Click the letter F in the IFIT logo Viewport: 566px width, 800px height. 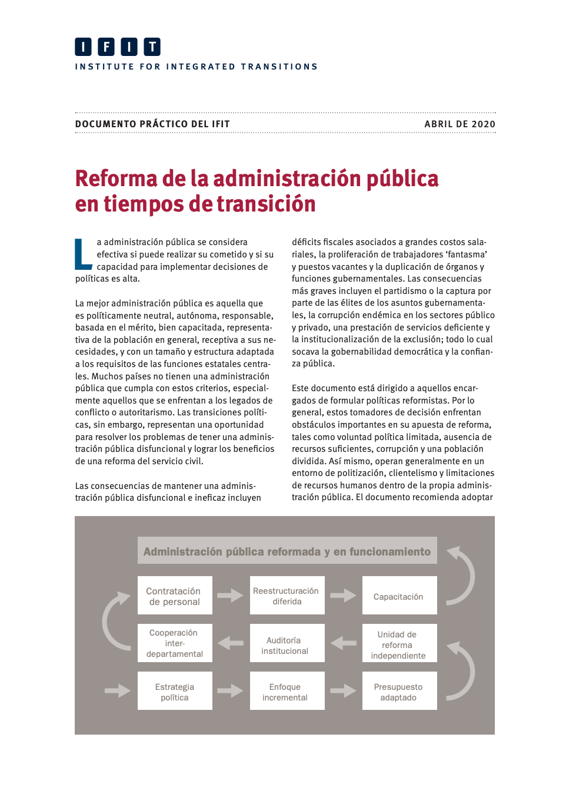[x=106, y=47]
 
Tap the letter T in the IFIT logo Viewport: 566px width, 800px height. [x=152, y=47]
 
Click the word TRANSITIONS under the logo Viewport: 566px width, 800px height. [x=279, y=67]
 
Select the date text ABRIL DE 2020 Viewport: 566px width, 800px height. [x=460, y=124]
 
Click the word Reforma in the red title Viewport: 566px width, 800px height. [x=116, y=178]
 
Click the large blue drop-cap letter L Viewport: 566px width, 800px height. [x=83, y=254]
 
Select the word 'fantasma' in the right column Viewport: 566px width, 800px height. [x=467, y=254]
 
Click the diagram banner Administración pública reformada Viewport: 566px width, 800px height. [x=287, y=551]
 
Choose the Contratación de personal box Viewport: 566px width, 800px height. [x=175, y=596]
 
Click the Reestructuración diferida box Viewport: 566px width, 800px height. [x=287, y=596]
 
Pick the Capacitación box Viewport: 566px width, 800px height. [x=399, y=596]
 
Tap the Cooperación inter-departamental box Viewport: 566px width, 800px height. [x=175, y=643]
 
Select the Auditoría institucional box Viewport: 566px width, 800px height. [x=287, y=644]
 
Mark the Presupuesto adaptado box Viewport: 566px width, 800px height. [x=399, y=692]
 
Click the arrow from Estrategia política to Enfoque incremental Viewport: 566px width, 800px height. [x=230, y=690]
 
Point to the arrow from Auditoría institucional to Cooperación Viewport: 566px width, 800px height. [x=230, y=643]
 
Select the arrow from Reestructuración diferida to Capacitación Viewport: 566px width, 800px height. [x=342, y=596]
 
